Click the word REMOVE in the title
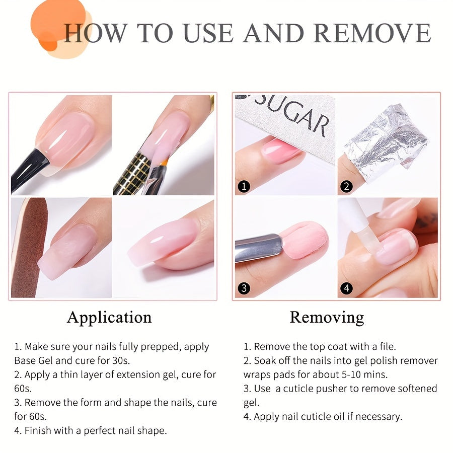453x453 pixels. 372,33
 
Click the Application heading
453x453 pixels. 109,317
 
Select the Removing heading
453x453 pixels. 327,317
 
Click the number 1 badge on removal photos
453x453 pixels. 244,186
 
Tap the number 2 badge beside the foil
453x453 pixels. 346,186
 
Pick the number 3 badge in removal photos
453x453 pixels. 244,288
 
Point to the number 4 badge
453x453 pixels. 346,288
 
